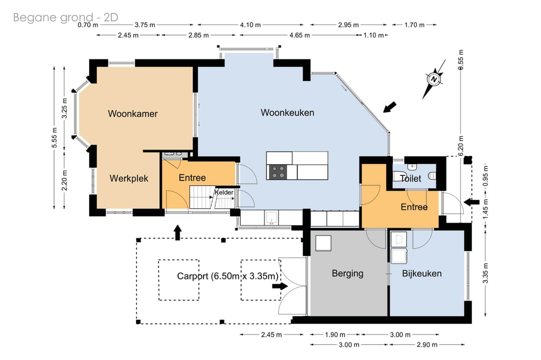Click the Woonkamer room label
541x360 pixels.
132,114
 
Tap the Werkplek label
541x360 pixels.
129,178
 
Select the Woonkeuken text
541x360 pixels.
288,113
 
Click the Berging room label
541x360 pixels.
348,273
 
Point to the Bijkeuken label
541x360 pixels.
422,273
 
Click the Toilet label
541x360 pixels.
411,178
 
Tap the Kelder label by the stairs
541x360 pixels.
224,192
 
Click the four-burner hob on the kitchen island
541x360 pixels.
278,172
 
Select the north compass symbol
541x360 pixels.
434,80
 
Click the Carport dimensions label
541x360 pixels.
228,276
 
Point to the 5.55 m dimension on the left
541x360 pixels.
54,138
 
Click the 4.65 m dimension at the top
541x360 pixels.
300,35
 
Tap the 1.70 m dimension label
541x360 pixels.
414,25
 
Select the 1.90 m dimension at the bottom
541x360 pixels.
335,334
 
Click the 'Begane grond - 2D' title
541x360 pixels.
66,17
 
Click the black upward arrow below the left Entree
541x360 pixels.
177,232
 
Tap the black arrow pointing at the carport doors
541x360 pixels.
280,286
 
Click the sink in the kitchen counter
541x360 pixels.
272,218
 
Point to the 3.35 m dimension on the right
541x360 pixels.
485,273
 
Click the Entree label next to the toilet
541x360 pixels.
414,207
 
